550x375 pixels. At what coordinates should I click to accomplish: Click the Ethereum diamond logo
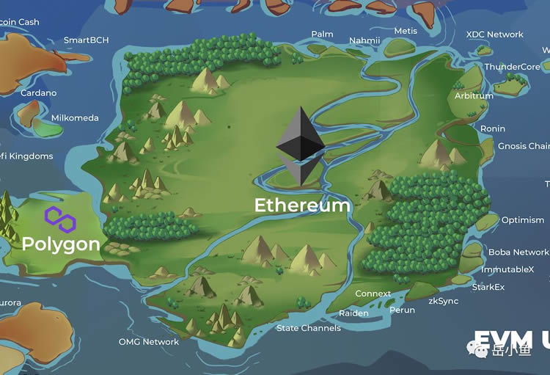(301, 145)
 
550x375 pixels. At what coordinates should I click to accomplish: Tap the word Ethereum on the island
(302, 205)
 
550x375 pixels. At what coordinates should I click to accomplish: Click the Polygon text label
(61, 244)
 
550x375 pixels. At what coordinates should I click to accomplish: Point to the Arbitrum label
(474, 96)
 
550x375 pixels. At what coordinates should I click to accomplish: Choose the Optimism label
(523, 220)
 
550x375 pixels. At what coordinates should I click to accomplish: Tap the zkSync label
(444, 301)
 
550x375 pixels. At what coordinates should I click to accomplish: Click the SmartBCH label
(86, 40)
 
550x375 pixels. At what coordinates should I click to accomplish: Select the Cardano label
(38, 93)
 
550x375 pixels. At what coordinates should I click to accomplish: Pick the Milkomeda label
(75, 118)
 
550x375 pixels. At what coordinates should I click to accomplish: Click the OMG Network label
(149, 342)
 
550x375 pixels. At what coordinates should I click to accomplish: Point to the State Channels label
(308, 328)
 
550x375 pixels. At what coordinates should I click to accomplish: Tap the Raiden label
(353, 313)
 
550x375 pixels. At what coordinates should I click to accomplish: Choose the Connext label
(373, 294)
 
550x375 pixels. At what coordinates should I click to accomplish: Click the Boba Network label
(518, 252)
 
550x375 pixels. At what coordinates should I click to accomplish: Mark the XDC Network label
(495, 34)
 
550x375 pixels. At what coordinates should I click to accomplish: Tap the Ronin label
(493, 129)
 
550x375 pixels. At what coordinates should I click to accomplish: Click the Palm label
(322, 34)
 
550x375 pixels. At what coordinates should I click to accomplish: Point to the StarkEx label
(488, 287)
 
